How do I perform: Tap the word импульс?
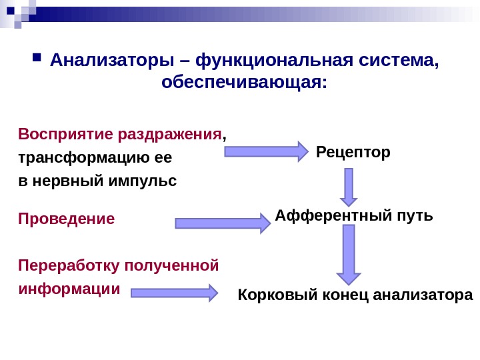coord(144,181)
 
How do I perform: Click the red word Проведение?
coord(67,219)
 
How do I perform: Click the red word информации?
coord(69,289)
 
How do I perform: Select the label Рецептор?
coord(353,153)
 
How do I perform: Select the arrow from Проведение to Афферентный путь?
coord(222,223)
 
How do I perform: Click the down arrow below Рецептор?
coord(349,187)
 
